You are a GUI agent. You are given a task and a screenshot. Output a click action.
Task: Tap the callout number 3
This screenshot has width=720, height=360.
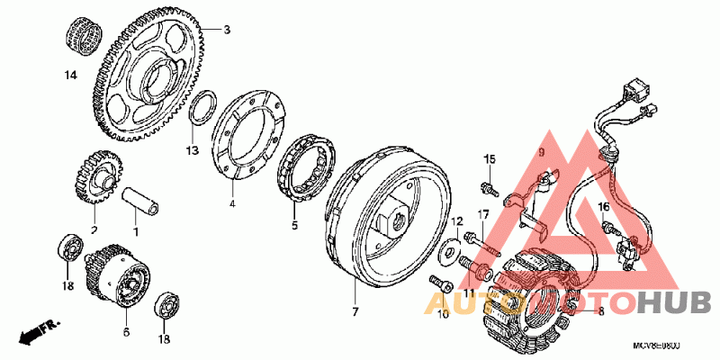click(227, 30)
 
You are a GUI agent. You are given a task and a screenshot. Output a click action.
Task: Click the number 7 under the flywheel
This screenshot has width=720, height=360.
click(355, 311)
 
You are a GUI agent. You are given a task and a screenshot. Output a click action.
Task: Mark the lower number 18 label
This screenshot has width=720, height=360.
click(165, 339)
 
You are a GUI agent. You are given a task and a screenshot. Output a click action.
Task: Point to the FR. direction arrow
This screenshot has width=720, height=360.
click(40, 332)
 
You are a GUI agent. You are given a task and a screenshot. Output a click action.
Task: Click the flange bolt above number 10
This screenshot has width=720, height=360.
click(442, 283)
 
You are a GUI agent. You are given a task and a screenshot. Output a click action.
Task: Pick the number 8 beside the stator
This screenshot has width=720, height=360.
click(600, 311)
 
